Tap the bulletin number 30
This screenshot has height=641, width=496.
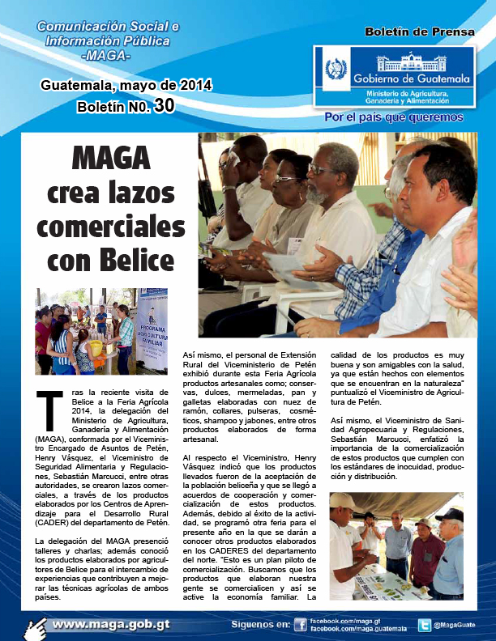tap(163, 105)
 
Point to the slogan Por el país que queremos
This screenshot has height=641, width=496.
tap(394, 117)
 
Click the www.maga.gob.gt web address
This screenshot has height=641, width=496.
tap(111, 625)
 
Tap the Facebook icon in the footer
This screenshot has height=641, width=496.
tap(300, 625)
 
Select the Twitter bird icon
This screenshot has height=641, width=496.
tap(424, 625)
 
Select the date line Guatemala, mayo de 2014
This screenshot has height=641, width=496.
tap(126, 84)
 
